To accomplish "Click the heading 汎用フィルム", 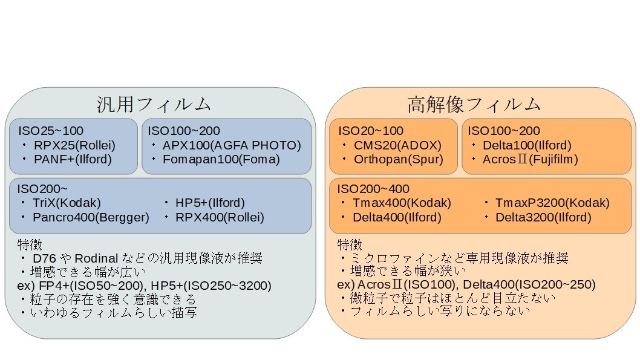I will click(x=154, y=104).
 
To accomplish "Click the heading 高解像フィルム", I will click(x=474, y=104).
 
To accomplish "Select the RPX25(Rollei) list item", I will click(x=74, y=145).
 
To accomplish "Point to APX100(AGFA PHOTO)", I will click(x=232, y=145).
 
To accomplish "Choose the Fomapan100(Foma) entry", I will click(x=221, y=159).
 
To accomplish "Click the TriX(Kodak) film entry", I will click(x=67, y=203).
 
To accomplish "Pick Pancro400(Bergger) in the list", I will click(x=91, y=217).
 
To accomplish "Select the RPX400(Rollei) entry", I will click(x=220, y=217).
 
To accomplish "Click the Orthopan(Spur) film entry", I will click(x=398, y=159).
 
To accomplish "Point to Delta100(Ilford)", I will click(x=527, y=145).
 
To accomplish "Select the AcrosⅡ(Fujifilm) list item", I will click(x=531, y=159).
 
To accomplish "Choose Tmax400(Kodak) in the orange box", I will click(x=402, y=203).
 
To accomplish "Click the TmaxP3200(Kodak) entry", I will click(x=552, y=203).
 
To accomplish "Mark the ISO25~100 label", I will click(x=51, y=131).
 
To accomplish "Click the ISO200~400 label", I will click(x=373, y=189).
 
